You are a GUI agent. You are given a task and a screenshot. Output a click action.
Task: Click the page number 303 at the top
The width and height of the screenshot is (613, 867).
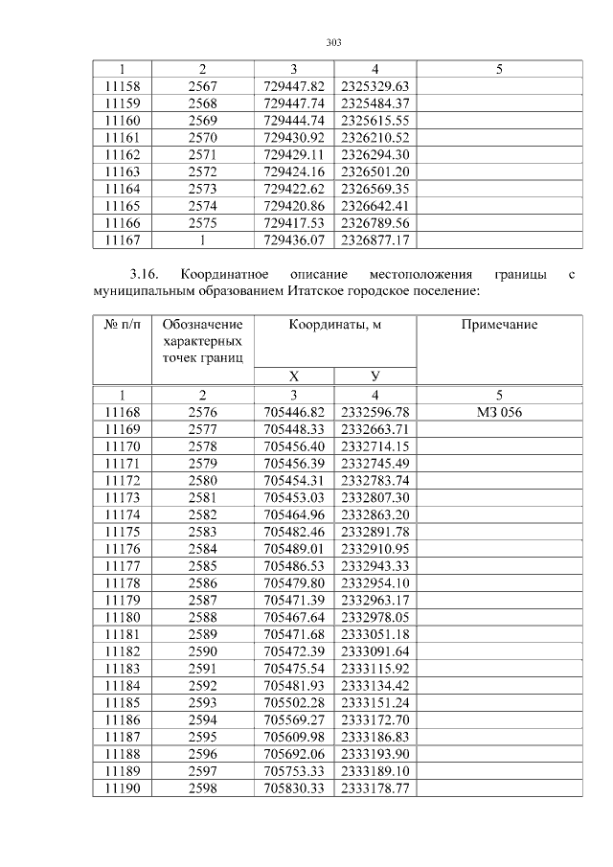334,42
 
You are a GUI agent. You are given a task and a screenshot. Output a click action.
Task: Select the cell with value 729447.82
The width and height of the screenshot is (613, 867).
294,86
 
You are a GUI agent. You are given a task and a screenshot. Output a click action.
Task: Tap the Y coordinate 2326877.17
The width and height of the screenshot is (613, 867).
375,240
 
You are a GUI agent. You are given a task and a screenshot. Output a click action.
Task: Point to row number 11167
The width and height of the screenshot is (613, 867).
122,240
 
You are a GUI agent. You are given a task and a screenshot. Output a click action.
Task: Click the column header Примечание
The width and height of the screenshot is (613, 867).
499,325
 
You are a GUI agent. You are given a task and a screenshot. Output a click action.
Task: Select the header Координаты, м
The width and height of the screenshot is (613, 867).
335,325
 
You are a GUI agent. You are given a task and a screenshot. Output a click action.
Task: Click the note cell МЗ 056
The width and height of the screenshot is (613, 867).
499,412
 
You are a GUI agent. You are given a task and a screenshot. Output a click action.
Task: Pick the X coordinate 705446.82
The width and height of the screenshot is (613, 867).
294,412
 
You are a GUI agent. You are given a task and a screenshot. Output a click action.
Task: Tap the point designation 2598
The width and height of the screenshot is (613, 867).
202,787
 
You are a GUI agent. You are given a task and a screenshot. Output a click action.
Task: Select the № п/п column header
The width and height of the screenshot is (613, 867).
122,325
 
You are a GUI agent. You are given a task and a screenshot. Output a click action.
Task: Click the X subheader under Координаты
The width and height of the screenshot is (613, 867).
294,376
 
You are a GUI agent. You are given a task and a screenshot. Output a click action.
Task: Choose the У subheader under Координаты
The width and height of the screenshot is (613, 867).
375,376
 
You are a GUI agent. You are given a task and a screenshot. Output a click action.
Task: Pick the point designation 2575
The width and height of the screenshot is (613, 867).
202,222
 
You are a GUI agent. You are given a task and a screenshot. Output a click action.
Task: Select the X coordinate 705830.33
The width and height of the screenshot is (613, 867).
294,787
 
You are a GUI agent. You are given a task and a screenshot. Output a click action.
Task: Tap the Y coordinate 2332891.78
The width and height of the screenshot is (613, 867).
375,531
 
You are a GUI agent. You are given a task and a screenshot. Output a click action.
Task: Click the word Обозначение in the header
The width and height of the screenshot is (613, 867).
202,325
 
